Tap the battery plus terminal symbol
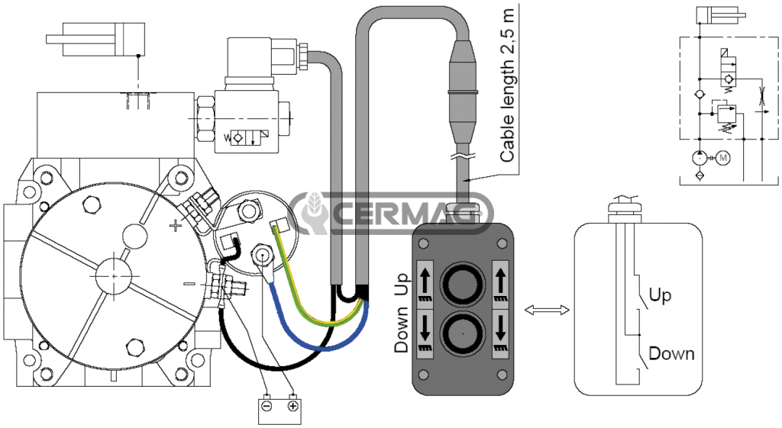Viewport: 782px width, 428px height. pyautogui.click(x=293, y=406)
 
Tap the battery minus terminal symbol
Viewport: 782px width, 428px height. pyautogui.click(x=267, y=406)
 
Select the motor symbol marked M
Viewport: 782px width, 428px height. pyautogui.click(x=724, y=159)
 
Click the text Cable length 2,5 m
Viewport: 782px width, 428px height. pyautogui.click(x=507, y=85)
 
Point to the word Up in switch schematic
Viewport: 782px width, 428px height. pyautogui.click(x=659, y=295)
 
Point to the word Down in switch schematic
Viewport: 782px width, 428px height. pyautogui.click(x=671, y=353)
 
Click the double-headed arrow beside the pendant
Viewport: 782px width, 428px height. pyautogui.click(x=547, y=310)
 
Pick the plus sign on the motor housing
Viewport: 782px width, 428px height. pyautogui.click(x=176, y=227)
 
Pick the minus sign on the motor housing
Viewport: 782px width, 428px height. pyautogui.click(x=189, y=284)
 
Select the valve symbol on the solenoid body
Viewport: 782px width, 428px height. pyautogui.click(x=246, y=137)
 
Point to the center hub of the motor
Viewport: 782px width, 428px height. pyautogui.click(x=114, y=275)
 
